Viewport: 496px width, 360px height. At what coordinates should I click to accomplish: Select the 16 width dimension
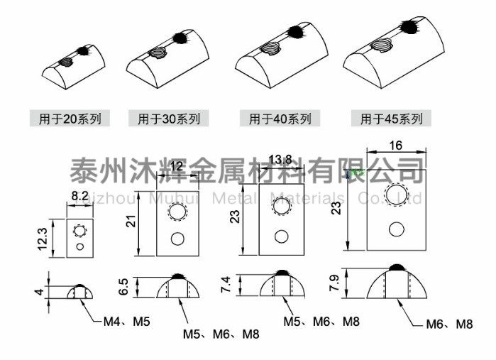pos(395,145)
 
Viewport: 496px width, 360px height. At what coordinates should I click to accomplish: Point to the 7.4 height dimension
pos(226,288)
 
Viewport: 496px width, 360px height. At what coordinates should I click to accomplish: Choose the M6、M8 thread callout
pos(449,324)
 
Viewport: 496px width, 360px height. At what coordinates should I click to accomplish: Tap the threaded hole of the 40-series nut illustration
pos(269,49)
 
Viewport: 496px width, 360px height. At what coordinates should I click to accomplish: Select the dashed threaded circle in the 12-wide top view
pos(176,211)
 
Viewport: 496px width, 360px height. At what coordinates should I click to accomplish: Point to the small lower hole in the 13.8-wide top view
pos(282,235)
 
